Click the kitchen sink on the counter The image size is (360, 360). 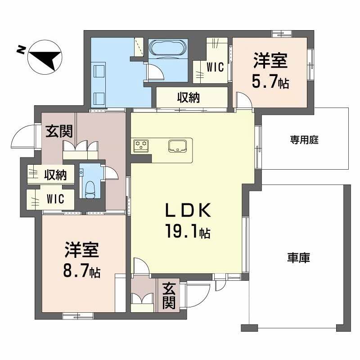(177, 145)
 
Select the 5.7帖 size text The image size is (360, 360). (270, 82)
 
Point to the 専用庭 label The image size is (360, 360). (304, 140)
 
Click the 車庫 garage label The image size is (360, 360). (299, 258)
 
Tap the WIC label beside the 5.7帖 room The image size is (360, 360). (215, 67)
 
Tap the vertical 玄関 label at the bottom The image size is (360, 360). (169, 295)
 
